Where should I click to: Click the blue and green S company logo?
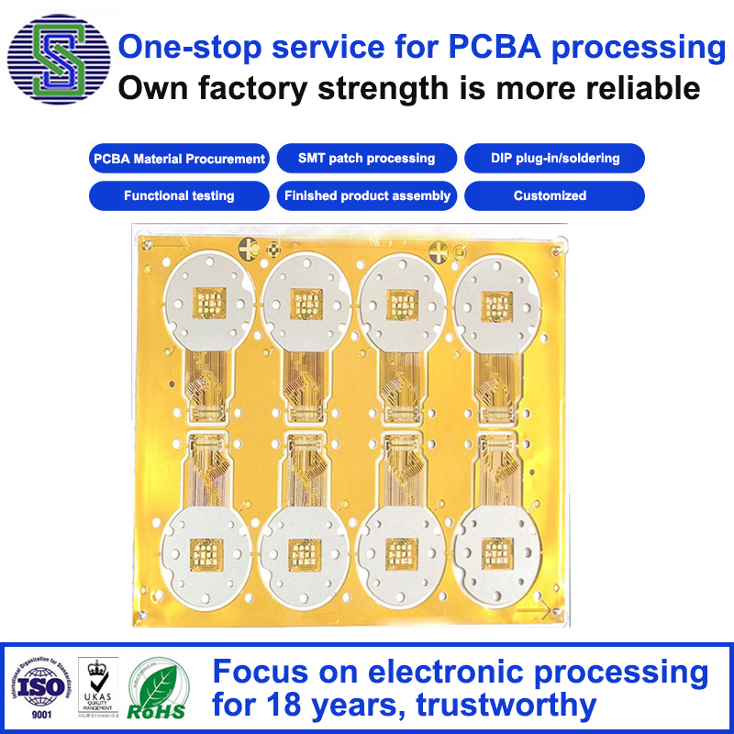pos(59,61)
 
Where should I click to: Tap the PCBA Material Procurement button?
pos(179,159)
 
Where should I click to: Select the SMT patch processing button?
pos(366,159)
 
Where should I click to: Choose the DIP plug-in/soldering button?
pos(554,159)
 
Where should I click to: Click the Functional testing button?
pos(179,195)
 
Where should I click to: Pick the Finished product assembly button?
pos(366,195)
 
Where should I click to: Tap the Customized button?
pos(554,195)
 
